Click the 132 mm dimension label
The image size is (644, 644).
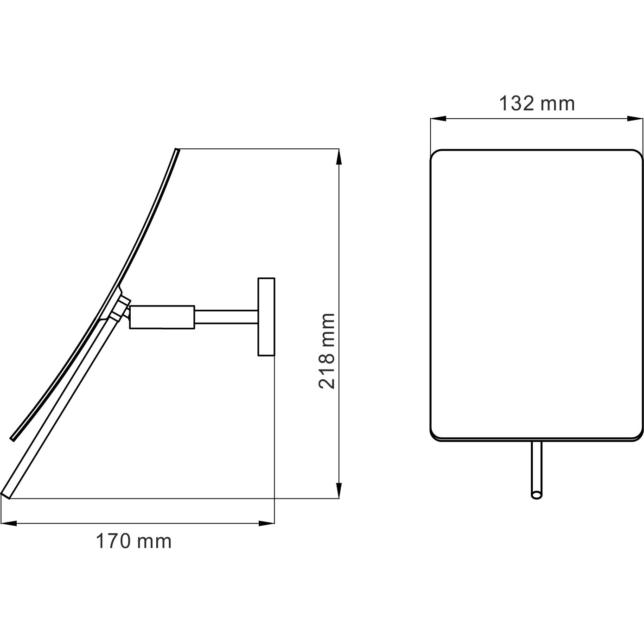coord(537,103)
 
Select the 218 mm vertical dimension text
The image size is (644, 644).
coord(326,351)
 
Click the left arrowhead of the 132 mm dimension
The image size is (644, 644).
coord(438,119)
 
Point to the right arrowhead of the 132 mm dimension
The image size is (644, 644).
coord(635,119)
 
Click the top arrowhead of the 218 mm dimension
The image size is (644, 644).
coord(339,157)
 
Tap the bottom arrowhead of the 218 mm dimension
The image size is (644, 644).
coord(339,490)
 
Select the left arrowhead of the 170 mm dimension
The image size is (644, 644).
coord(9,523)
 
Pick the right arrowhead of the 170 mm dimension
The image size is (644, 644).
coord(266,523)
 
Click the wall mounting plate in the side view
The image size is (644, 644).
coord(266,317)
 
